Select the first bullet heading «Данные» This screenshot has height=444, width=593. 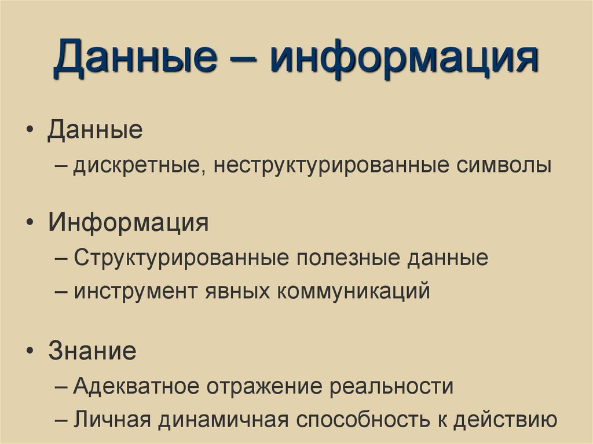(x=95, y=129)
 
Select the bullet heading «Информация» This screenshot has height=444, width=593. (x=128, y=222)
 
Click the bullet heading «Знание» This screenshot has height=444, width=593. (x=92, y=351)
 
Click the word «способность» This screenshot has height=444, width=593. (x=347, y=419)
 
